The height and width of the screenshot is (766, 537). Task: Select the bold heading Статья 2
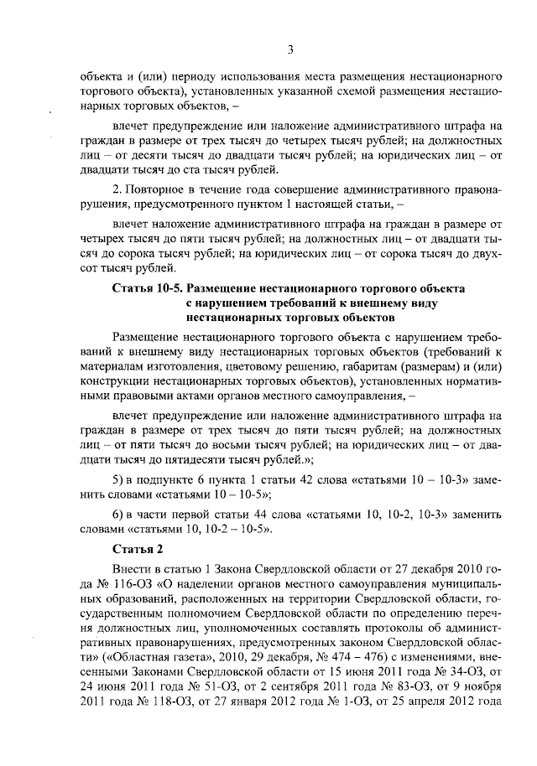pyautogui.click(x=134, y=549)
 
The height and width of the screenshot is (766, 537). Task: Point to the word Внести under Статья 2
pyautogui.click(x=132, y=569)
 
